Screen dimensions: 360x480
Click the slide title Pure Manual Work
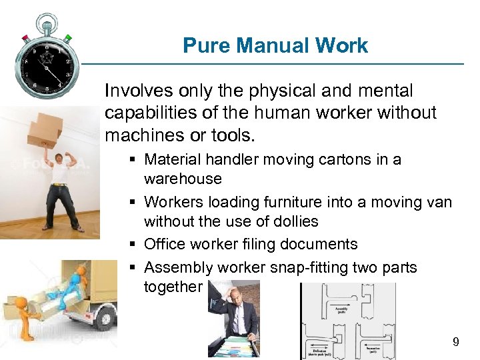coord(275,45)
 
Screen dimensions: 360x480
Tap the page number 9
coord(455,342)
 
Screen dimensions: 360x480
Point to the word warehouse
coord(183,179)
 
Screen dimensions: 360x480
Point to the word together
coord(172,287)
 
